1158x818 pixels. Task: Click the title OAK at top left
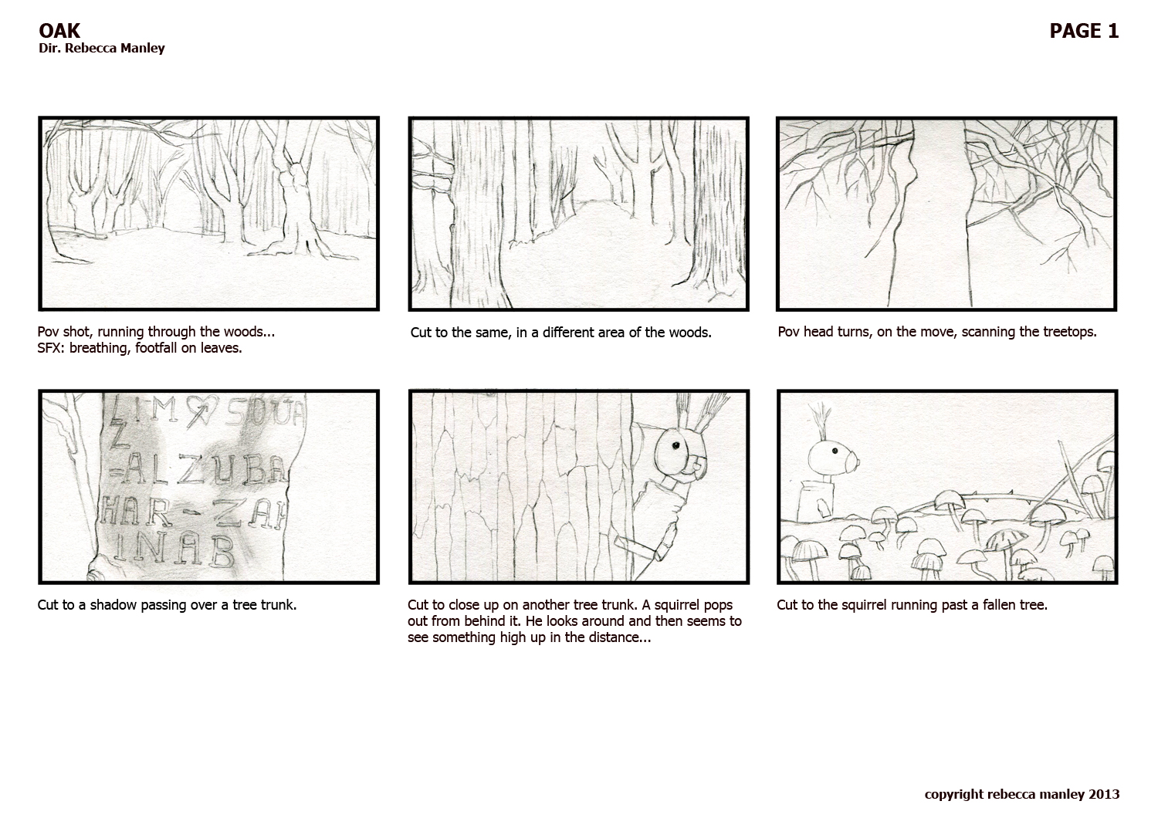click(59, 31)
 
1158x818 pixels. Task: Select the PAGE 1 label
click(1084, 31)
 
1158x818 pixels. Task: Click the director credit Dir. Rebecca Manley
click(101, 49)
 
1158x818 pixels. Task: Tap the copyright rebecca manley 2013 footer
click(1021, 794)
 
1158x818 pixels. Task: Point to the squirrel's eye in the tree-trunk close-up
click(674, 446)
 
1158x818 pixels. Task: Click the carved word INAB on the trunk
click(180, 549)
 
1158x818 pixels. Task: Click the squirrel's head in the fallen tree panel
click(832, 457)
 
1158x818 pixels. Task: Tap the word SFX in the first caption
click(50, 348)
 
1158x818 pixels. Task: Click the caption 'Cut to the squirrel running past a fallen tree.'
click(912, 605)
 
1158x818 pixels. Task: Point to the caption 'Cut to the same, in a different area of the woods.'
click(560, 333)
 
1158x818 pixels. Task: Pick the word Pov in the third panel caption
click(788, 332)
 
